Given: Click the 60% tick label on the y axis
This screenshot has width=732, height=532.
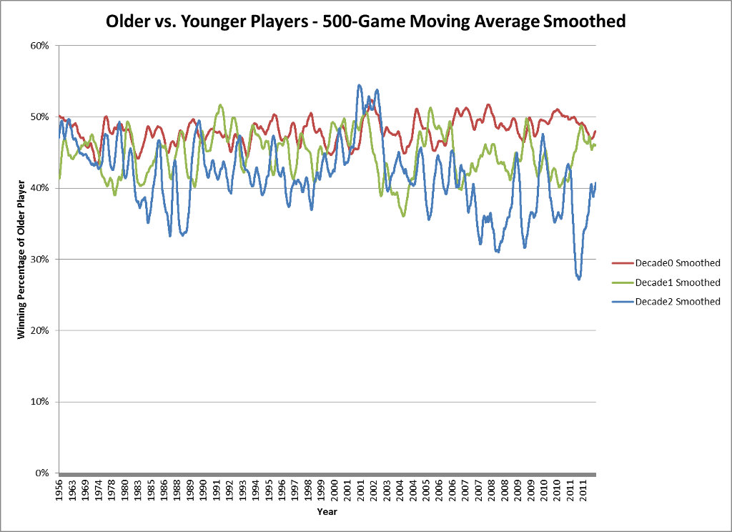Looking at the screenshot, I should point(39,45).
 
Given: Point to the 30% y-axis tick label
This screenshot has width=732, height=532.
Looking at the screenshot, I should point(39,260).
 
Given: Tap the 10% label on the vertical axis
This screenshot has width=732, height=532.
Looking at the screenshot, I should point(39,402).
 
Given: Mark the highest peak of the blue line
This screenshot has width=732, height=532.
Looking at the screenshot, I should point(360,85).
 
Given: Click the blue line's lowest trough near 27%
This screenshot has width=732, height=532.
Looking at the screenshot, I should point(578,279).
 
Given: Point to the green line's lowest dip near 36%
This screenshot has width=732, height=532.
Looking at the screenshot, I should point(404,215).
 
